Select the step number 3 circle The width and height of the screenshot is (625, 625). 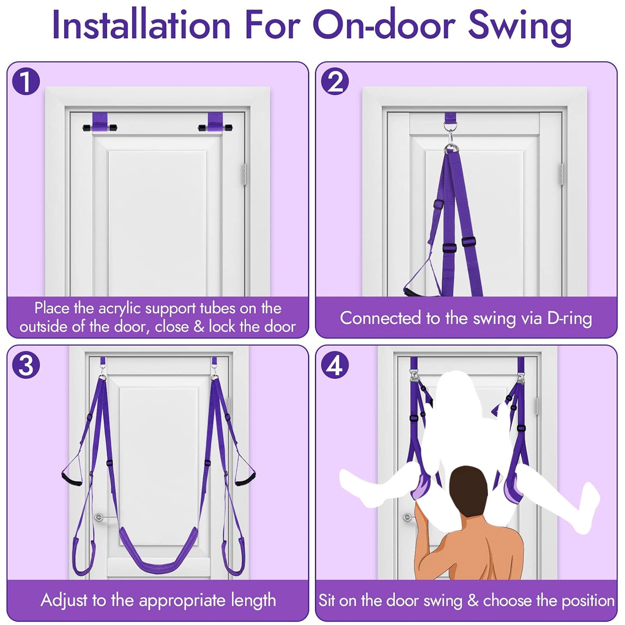point(26,365)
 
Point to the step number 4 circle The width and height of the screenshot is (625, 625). point(335,365)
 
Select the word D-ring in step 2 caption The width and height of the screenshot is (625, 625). point(570,318)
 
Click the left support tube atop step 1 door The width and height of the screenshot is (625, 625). point(100,127)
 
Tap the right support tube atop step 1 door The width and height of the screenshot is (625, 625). point(215,127)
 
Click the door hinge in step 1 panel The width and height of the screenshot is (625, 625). point(245,175)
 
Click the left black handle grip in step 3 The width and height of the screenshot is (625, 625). point(71,480)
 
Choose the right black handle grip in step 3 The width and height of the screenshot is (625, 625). point(245,480)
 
